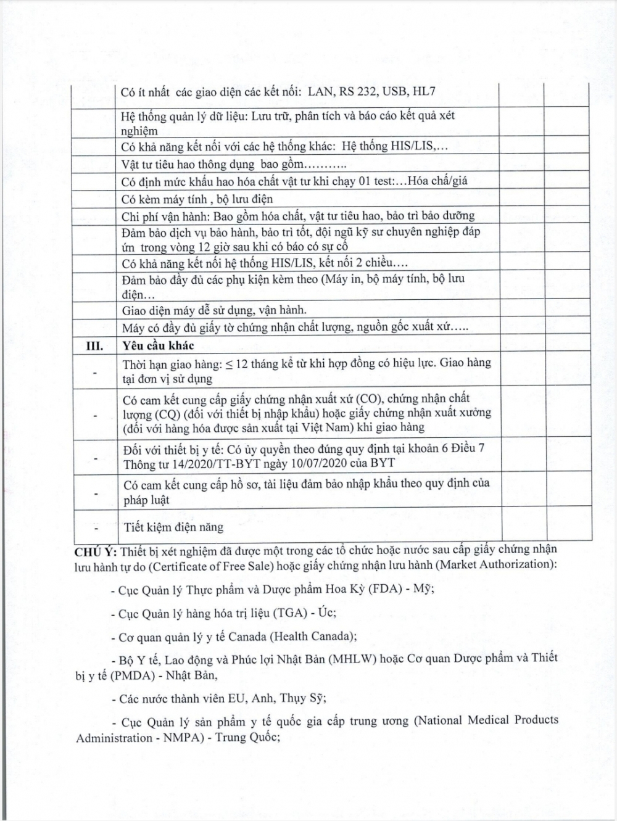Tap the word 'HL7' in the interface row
point(424,93)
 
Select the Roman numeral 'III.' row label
point(94,345)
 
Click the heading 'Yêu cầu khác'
point(158,345)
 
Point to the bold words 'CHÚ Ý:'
point(96,550)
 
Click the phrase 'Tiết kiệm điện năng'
point(173,527)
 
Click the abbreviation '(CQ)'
point(164,413)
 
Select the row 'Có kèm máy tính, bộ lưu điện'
point(197,199)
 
